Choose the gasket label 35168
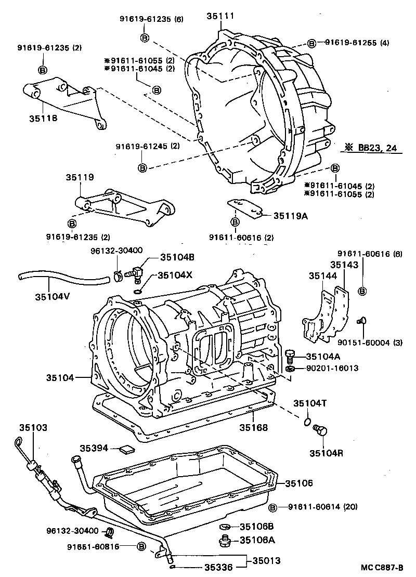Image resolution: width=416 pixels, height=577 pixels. (x=254, y=428)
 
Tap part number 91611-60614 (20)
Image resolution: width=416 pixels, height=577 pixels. (x=323, y=507)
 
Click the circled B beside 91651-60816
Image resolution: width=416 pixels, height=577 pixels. (x=141, y=546)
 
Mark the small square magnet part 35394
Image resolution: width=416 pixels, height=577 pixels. (x=126, y=448)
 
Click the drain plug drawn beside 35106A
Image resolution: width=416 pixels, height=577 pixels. (x=226, y=541)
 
